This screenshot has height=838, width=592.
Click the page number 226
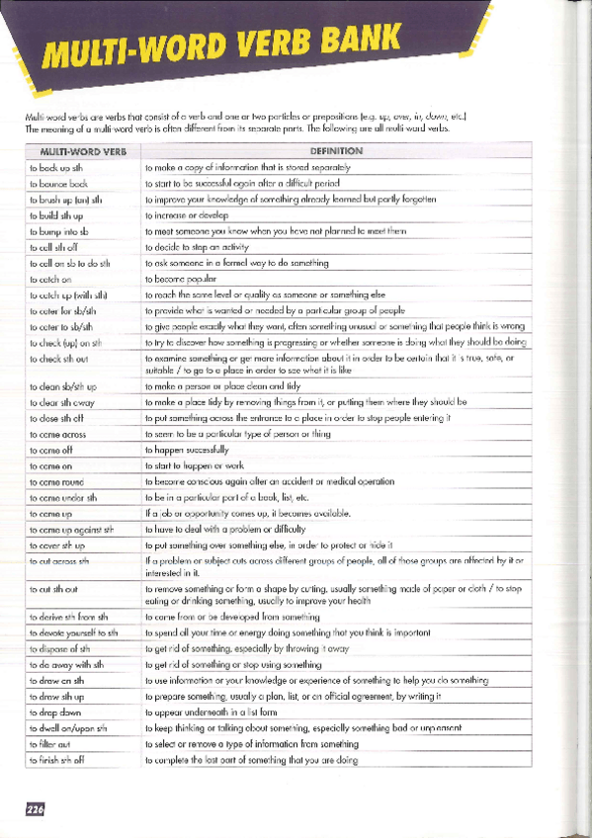(36, 807)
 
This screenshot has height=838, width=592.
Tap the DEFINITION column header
(336, 151)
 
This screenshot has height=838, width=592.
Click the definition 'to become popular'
(184, 279)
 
